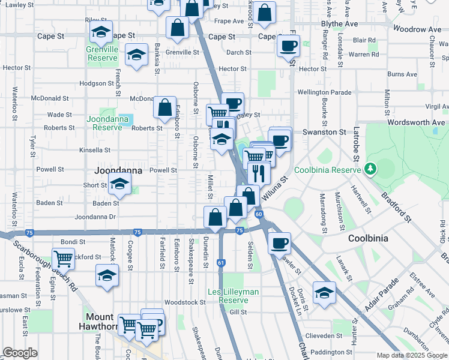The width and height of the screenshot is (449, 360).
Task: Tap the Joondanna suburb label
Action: pyautogui.click(x=118, y=170)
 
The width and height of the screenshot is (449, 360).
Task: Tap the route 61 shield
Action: pyautogui.click(x=221, y=262)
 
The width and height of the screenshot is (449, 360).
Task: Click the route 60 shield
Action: pyautogui.click(x=258, y=214)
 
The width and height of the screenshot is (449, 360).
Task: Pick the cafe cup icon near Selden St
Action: pyautogui.click(x=279, y=243)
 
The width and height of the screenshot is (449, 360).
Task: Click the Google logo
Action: pyautogui.click(x=20, y=353)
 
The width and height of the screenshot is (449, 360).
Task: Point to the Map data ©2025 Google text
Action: pyautogui.click(x=412, y=355)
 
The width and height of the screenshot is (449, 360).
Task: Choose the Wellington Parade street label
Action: pyautogui.click(x=325, y=92)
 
